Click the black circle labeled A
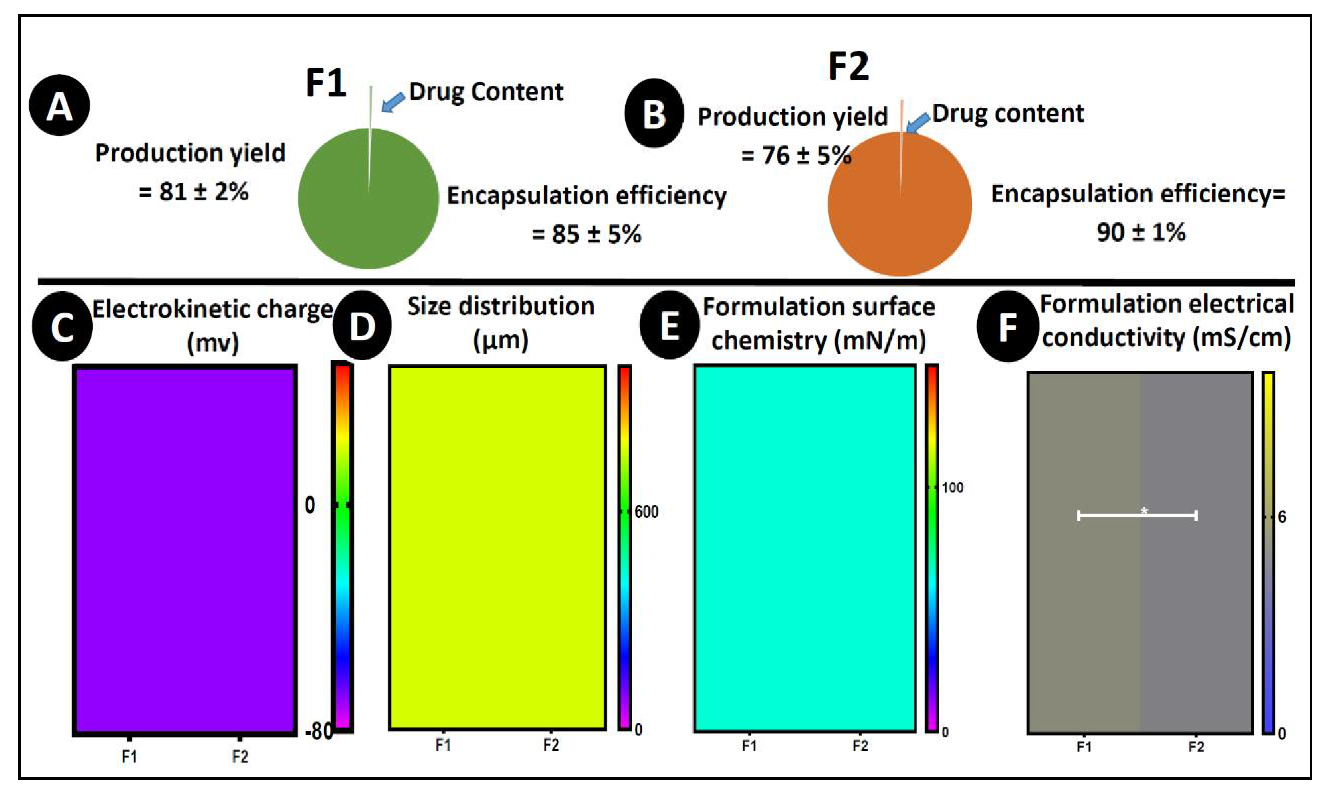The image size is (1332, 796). (x=59, y=105)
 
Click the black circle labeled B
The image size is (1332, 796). (x=654, y=113)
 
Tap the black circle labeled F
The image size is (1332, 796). (x=1007, y=326)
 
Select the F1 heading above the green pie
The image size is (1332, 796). (x=326, y=83)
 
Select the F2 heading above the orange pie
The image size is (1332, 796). (x=848, y=67)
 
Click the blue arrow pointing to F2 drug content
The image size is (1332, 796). (x=917, y=123)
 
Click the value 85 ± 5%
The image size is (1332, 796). (x=587, y=234)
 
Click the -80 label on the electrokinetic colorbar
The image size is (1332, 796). (x=318, y=731)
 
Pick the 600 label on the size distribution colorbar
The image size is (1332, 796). (x=646, y=512)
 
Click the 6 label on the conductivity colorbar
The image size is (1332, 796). (x=1282, y=517)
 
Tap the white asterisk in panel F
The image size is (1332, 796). (x=1144, y=511)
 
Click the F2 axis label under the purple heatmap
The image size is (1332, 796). (x=240, y=756)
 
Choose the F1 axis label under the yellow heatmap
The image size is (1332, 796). (x=442, y=745)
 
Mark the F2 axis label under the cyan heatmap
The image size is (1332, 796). (x=860, y=746)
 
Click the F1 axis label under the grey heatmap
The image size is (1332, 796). (x=1083, y=747)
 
